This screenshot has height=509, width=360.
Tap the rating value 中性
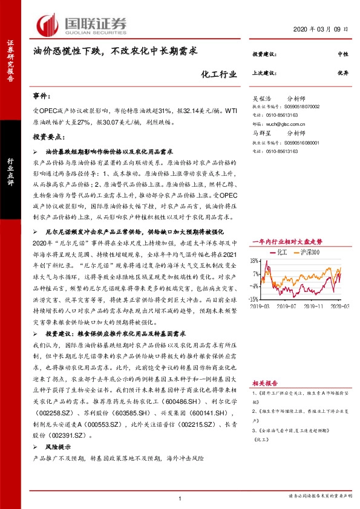click(342, 55)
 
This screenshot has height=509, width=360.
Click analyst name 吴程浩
click(261, 97)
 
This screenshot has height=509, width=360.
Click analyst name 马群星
click(261, 133)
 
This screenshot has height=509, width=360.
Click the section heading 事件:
click(43, 96)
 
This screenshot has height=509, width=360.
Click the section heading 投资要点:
click(48, 137)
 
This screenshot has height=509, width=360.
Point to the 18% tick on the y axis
click(255, 261)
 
